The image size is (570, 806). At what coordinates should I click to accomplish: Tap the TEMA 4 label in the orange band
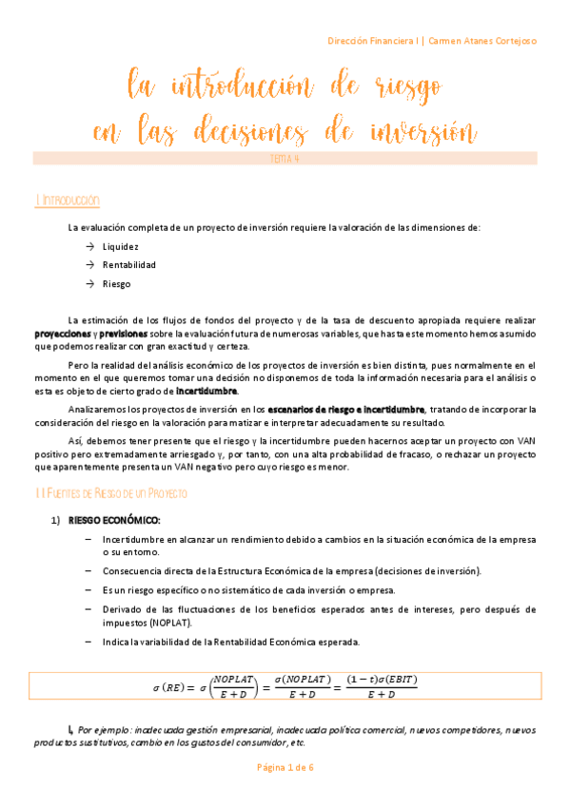coord(285,159)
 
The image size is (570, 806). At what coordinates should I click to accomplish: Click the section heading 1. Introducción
coord(66,201)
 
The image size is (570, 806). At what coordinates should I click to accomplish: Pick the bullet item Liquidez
coord(120,246)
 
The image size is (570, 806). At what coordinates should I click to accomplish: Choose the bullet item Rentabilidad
coord(128,264)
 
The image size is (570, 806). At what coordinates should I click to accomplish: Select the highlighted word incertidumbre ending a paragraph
coord(207,391)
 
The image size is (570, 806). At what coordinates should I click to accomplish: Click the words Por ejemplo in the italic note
coord(102,730)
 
